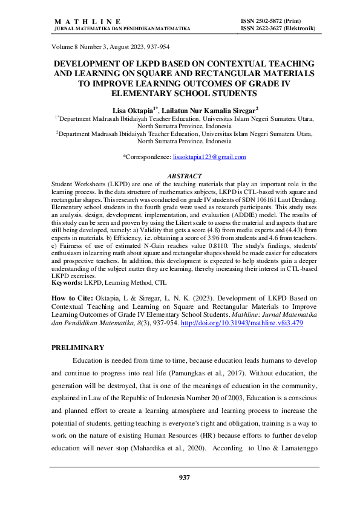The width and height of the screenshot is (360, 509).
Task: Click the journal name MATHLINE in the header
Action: coord(88,21)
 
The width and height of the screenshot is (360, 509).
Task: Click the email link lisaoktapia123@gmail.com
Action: coord(209,157)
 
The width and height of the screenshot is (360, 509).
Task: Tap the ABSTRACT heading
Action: coord(184,176)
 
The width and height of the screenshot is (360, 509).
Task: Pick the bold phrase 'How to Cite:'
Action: coord(72,298)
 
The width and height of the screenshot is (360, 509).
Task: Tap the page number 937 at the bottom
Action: coord(184,478)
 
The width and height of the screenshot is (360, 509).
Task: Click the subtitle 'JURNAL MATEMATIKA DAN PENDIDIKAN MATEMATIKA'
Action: coord(122,28)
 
